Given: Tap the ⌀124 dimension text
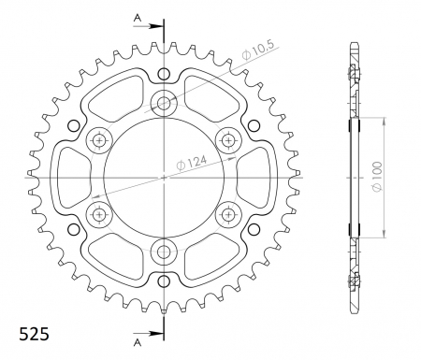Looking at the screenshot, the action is click(x=192, y=163).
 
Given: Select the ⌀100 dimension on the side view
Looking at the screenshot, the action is click(x=377, y=177).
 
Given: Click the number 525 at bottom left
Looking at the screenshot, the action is click(x=35, y=334).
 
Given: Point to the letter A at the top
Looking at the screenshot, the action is click(x=138, y=18).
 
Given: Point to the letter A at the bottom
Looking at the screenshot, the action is click(x=138, y=343).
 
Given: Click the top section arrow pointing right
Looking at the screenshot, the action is click(x=149, y=26).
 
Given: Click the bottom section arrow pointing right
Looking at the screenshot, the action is click(x=149, y=333).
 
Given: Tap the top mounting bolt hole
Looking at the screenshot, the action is click(x=164, y=103).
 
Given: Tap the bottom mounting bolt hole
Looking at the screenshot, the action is click(x=164, y=252).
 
